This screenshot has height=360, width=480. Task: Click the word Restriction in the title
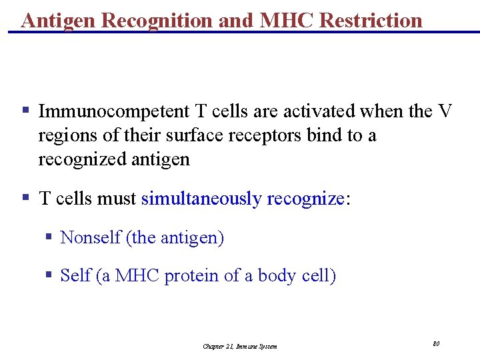pos(371,20)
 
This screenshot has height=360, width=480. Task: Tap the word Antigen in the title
pos(60,20)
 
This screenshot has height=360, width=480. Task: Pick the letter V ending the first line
pos(445,111)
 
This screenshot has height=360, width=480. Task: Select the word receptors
pos(265,135)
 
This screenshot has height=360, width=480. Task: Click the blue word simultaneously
pos(201,199)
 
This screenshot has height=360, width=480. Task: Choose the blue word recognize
pos(305,199)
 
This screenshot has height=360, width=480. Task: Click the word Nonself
pos(90,237)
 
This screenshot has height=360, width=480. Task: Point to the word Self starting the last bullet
pos(75,275)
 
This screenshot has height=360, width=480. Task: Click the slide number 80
pos(436,343)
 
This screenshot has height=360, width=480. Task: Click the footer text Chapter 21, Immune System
pos(240,346)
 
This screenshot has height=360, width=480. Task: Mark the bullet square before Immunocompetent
pos(25,109)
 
